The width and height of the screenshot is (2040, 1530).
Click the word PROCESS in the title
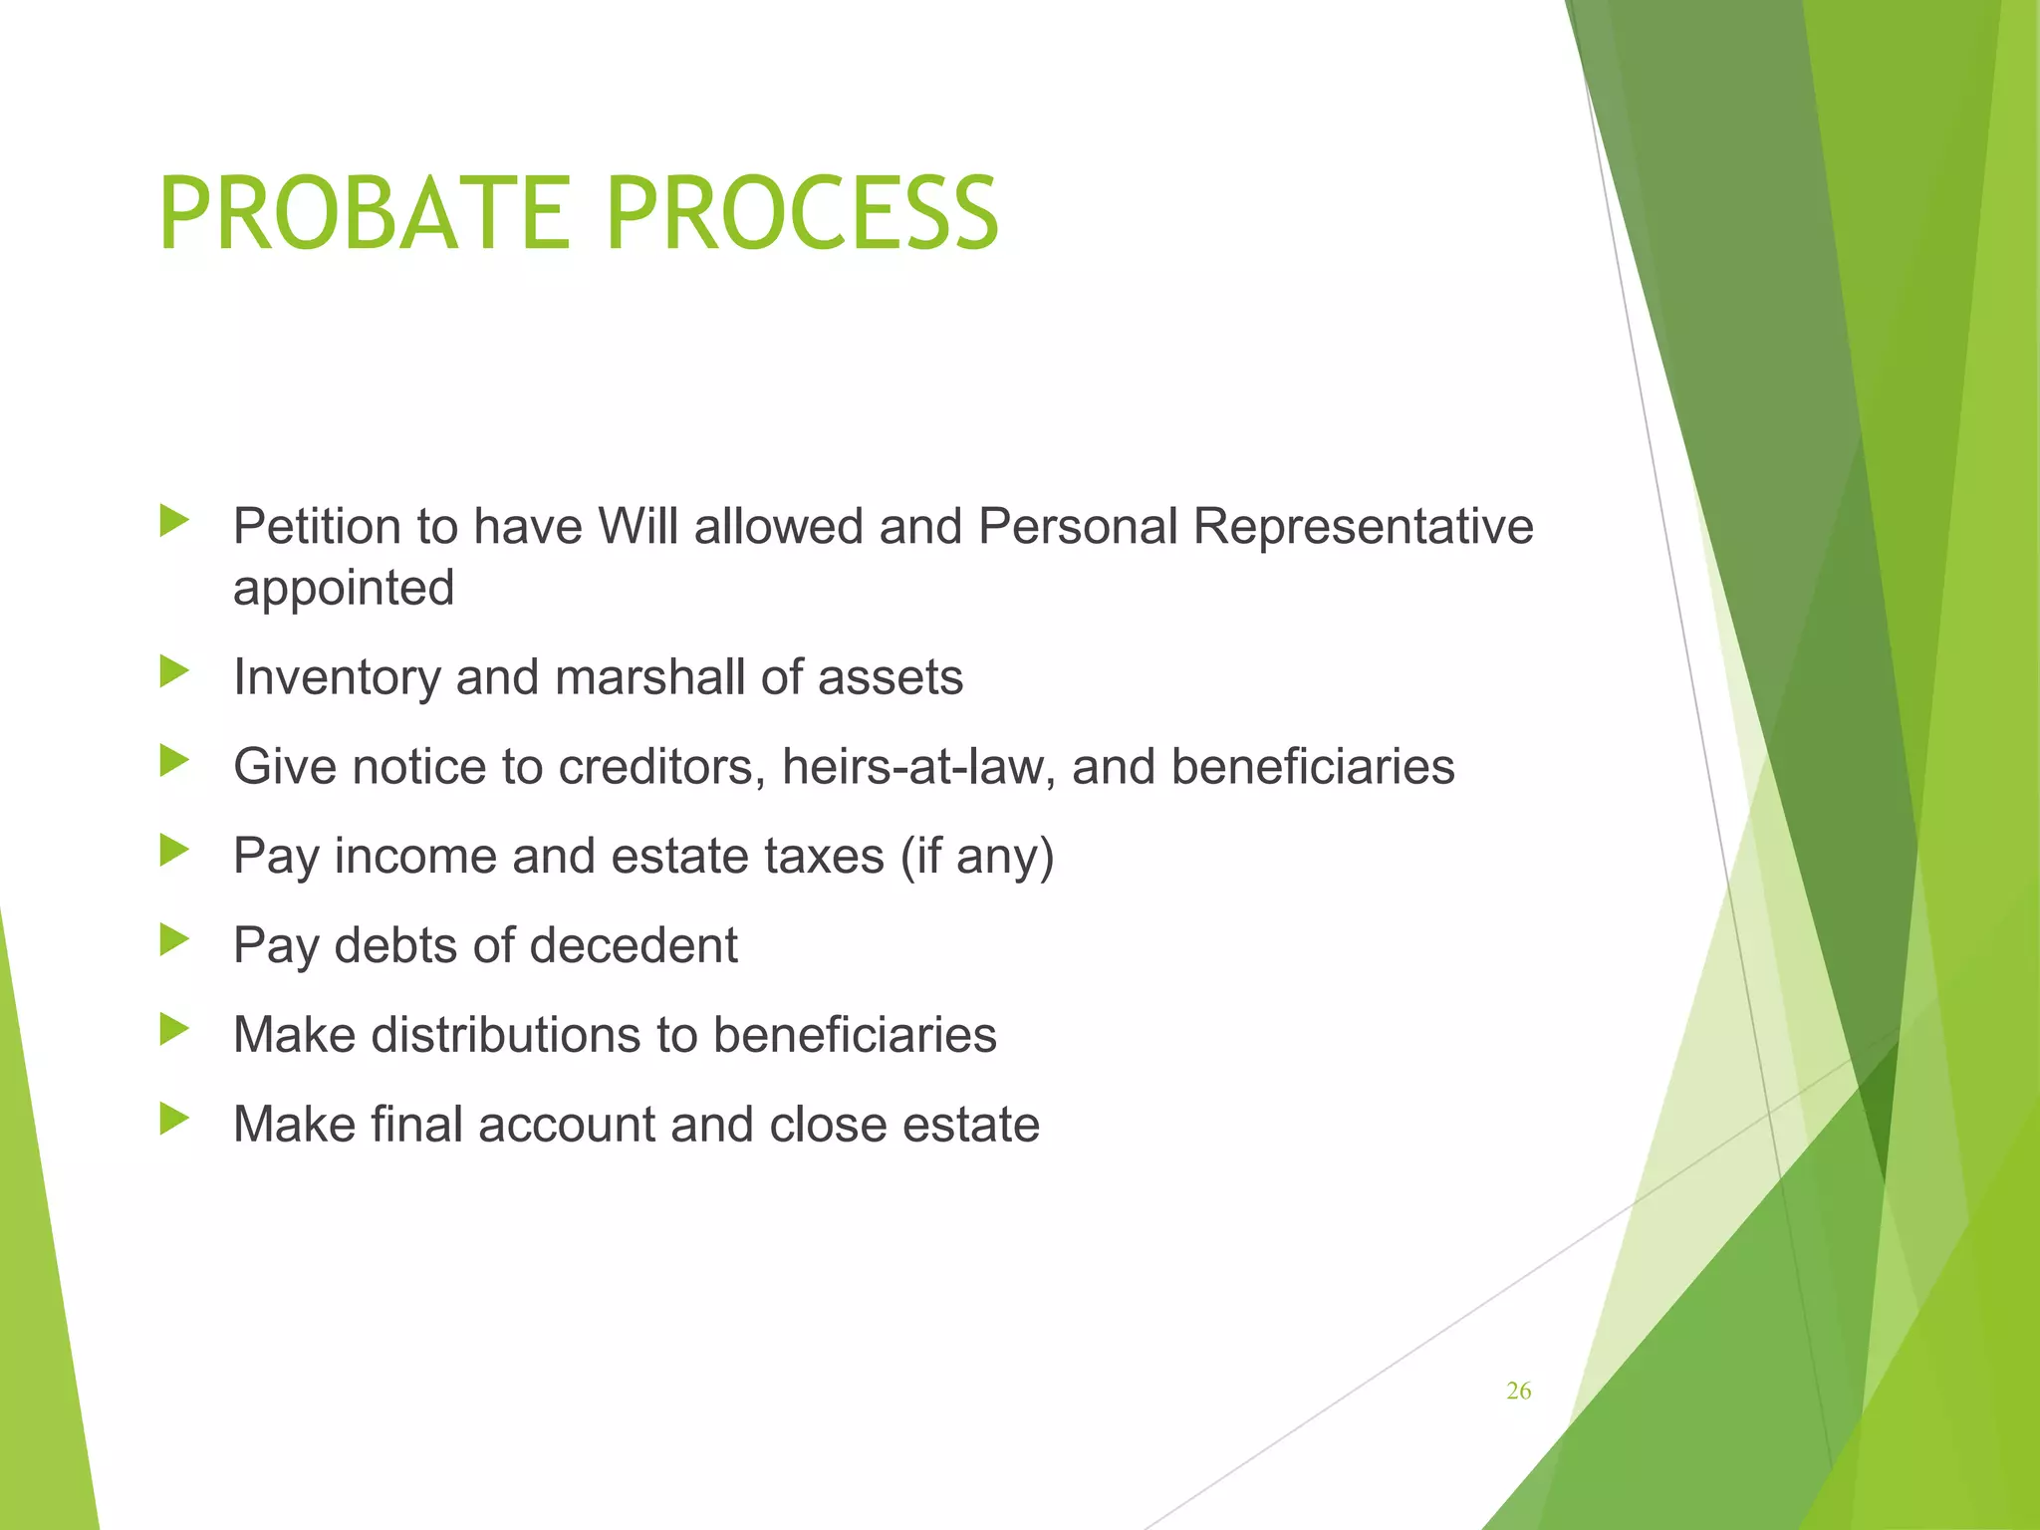click(x=801, y=214)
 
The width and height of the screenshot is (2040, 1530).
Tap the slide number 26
click(x=1518, y=1392)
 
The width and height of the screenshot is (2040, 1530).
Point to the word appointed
click(x=344, y=588)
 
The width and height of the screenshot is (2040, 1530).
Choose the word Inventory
click(x=336, y=677)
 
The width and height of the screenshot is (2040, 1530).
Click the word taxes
click(x=824, y=856)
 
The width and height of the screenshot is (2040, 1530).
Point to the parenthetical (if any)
click(x=976, y=856)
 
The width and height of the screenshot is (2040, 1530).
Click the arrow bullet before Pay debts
click(x=173, y=940)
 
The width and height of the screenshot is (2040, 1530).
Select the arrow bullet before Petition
click(x=173, y=520)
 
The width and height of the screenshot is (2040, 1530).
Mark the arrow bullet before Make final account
click(x=173, y=1119)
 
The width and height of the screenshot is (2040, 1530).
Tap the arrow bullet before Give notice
click(x=173, y=761)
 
